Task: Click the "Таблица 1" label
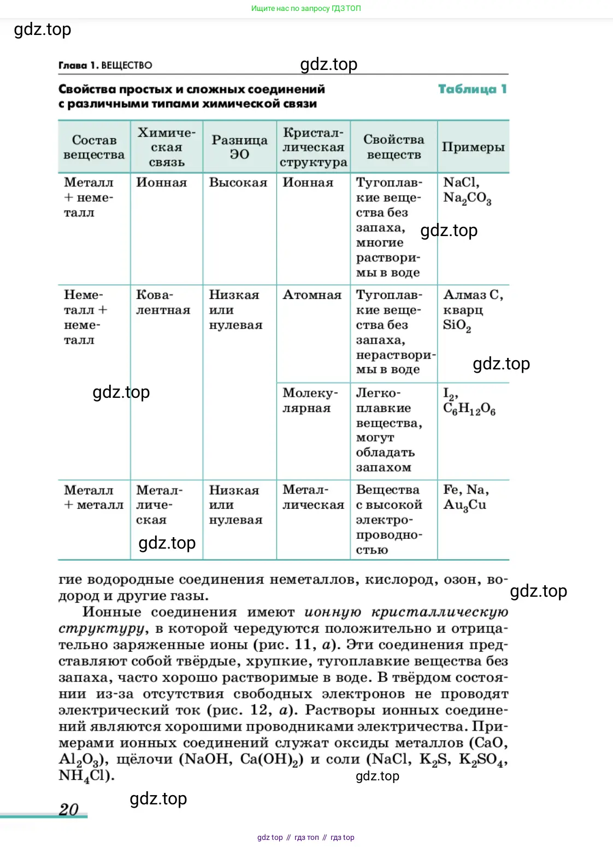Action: point(472,89)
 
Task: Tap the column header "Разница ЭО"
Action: point(239,147)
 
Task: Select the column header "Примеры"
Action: point(473,147)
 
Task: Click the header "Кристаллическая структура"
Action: point(313,147)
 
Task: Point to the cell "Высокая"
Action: point(238,183)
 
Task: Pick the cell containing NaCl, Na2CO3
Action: point(467,190)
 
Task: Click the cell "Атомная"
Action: point(312,295)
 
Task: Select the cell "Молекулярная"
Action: point(310,401)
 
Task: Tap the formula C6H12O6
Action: point(469,409)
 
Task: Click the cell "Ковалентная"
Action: point(163,303)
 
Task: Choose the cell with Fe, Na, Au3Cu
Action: point(465,497)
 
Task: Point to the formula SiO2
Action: point(457,325)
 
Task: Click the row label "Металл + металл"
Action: point(93,497)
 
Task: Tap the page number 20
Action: point(69,809)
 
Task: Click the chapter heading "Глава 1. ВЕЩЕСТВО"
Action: point(105,66)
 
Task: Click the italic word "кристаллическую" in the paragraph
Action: point(440,612)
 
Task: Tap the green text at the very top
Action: point(306,8)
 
